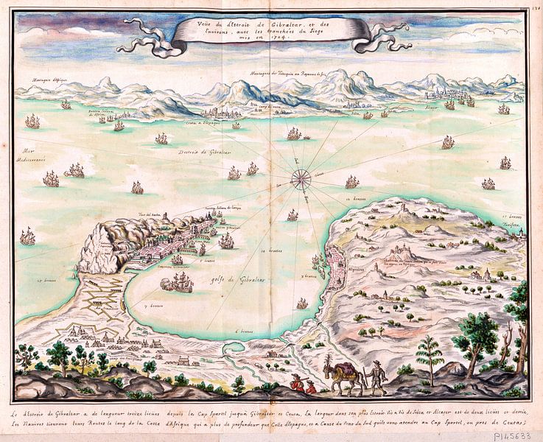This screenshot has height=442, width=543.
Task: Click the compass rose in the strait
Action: (300, 178)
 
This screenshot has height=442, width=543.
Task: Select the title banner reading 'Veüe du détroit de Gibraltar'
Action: (268, 33)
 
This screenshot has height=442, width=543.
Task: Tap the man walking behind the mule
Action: (377, 377)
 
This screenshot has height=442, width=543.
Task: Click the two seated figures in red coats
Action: (302, 384)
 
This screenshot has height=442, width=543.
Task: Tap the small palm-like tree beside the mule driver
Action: (430, 356)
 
